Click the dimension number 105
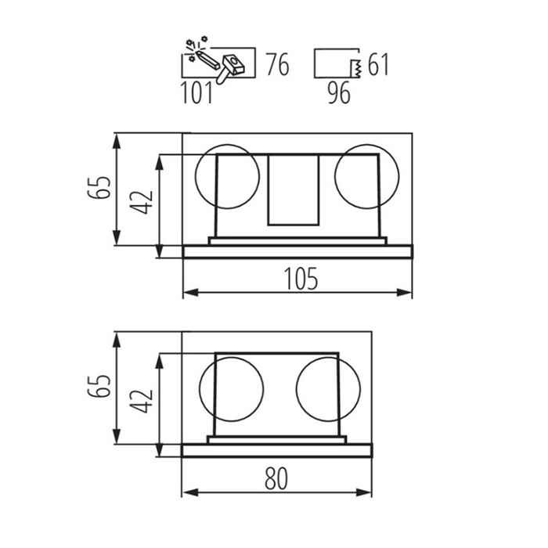click(x=301, y=279)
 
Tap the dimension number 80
click(x=276, y=478)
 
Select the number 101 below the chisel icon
click(x=196, y=93)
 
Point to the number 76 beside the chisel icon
click(x=278, y=64)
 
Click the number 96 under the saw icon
click(x=339, y=93)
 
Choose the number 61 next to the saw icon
click(x=378, y=64)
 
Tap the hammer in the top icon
click(x=229, y=69)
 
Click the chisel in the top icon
click(x=208, y=59)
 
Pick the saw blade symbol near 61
click(x=356, y=68)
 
